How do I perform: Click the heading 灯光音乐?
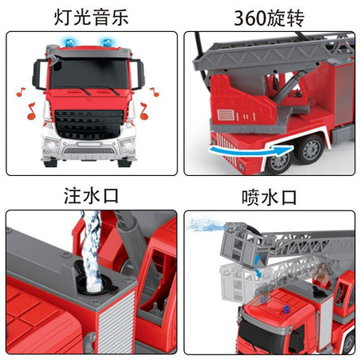coord(91,18)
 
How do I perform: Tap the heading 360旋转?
coord(269,18)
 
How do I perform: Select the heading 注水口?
coord(91,196)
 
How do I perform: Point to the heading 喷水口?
coord(269,198)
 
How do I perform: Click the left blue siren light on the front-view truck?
coord(70,42)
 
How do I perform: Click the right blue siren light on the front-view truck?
coord(107,42)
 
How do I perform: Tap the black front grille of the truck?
coord(90,125)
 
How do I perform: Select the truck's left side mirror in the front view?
coord(38,74)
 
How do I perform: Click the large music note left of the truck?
coord(31,111)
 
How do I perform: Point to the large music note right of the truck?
coord(144,111)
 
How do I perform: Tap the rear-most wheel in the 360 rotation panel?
coord(311,150)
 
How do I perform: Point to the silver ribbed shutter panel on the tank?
coord(117,322)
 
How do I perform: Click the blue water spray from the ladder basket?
coord(206,225)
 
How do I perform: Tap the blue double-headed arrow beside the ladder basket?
coord(258,266)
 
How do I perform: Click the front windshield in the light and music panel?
coord(90,73)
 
